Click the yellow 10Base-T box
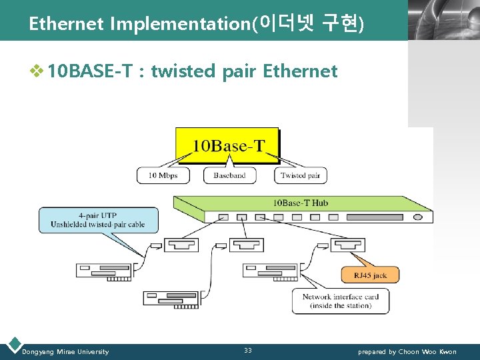[227, 145]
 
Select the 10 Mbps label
[162, 175]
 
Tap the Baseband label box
[229, 175]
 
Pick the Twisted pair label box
[301, 175]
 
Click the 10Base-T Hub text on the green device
[300, 203]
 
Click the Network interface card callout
[340, 301]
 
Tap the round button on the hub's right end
[418, 217]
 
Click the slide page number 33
[248, 351]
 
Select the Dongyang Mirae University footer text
[65, 352]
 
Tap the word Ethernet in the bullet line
[300, 71]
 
